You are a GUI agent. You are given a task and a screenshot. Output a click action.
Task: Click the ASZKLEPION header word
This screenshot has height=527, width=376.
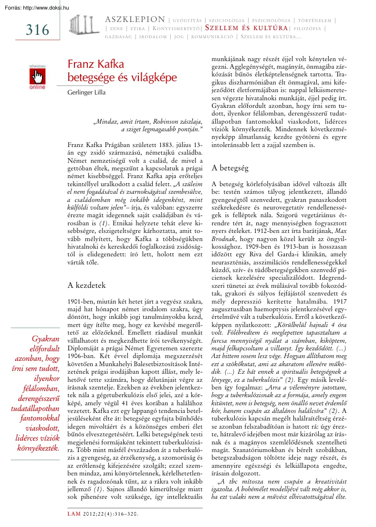tap(134, 20)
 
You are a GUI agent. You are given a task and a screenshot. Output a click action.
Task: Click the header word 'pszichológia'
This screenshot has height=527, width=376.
tap(271, 20)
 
